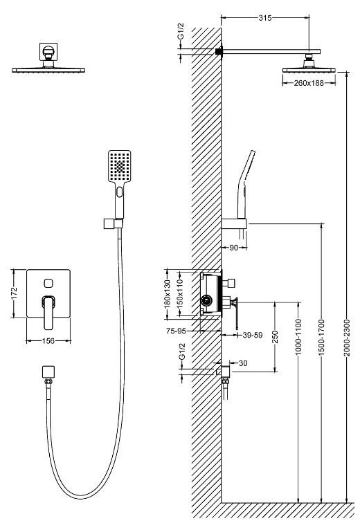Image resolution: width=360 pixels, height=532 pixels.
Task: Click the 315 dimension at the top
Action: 265,18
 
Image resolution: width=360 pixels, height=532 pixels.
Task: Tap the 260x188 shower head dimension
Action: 309,82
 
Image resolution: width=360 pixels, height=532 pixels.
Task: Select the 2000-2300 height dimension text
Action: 346,338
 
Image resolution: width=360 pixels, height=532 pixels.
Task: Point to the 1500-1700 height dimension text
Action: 322,337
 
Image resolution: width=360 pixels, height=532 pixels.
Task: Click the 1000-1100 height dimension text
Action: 298,337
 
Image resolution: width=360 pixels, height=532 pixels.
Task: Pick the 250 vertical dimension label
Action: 275,337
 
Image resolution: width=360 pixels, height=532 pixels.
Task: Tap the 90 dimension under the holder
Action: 234,248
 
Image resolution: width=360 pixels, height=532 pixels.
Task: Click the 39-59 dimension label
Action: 253,336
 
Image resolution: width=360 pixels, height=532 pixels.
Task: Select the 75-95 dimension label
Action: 176,331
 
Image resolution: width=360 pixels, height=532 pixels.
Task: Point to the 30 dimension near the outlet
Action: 243,363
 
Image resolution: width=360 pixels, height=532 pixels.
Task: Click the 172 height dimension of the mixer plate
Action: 14,293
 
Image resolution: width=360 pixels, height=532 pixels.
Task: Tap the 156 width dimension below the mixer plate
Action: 48,340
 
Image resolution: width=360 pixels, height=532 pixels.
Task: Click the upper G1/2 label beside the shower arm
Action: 181,31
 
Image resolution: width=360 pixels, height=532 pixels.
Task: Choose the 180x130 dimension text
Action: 167,294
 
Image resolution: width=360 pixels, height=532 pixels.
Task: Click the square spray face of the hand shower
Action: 120,166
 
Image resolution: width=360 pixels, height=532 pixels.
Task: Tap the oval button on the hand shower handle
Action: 119,192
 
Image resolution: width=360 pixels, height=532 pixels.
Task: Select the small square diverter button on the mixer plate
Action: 48,282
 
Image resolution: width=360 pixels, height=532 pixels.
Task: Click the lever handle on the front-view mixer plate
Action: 49,312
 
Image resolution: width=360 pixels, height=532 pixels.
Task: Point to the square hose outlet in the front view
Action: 48,372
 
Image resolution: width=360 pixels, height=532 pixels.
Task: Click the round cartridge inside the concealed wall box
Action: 206,300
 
